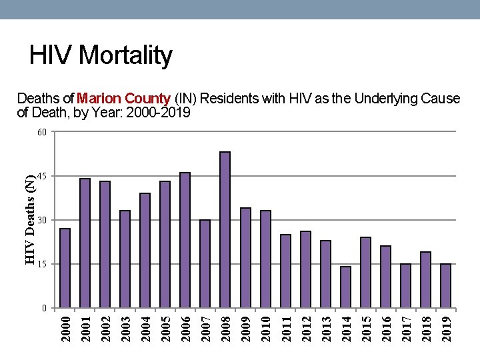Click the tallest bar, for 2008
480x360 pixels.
[225, 230]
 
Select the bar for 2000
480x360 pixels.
[65, 268]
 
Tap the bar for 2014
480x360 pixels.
[345, 287]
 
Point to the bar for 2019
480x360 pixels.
[446, 286]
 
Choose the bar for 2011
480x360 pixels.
[285, 271]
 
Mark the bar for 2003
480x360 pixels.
[125, 259]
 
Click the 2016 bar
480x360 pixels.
[385, 277]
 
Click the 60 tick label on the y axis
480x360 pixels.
[42, 132]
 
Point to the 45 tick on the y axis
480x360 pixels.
[42, 176]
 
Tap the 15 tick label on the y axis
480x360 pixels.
[42, 265]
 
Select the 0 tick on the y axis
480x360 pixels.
[44, 309]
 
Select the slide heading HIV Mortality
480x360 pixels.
[101, 55]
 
